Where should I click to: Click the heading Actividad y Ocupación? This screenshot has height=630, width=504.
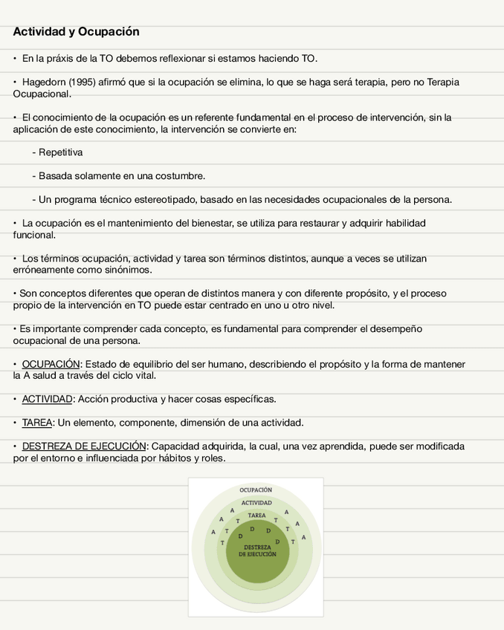coord(76,32)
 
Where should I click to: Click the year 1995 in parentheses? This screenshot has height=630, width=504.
coord(82,82)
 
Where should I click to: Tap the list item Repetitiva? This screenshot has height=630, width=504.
coord(60,152)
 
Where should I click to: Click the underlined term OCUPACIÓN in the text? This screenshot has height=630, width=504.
coord(51,364)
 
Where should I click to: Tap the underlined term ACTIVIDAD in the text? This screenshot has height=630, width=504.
coord(47,399)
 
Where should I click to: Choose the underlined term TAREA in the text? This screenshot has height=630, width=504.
coord(37,423)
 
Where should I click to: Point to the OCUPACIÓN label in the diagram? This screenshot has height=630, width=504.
coord(256,490)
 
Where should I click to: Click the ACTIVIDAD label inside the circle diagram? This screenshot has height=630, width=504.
coord(256,504)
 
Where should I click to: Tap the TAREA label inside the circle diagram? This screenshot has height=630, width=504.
coord(256,516)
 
